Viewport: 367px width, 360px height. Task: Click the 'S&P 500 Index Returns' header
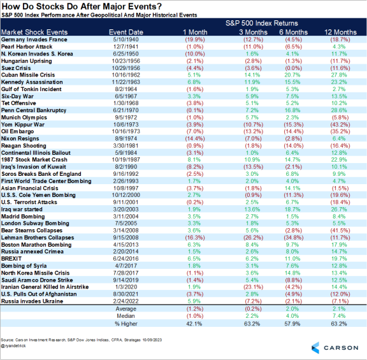(x=261, y=23)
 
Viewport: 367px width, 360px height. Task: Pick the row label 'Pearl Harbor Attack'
(x=27, y=47)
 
